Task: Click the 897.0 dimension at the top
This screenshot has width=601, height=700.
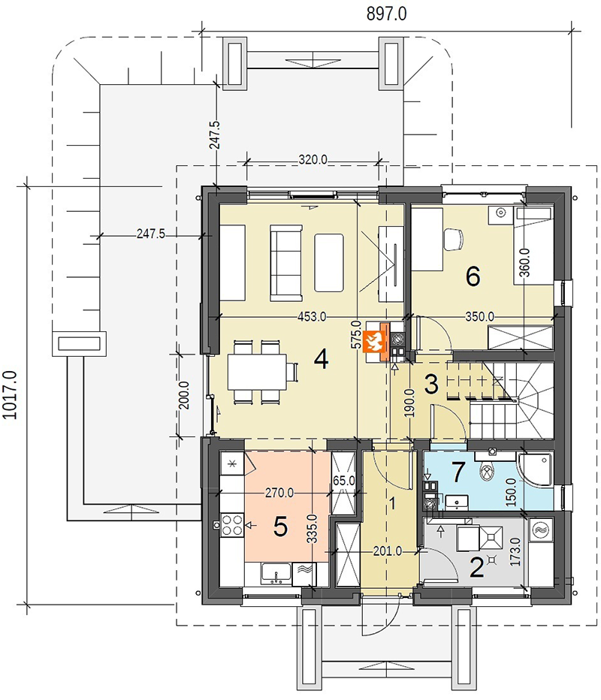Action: point(386,14)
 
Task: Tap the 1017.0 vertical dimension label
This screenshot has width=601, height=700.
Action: point(10,394)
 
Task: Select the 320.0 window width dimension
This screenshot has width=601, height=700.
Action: point(313,159)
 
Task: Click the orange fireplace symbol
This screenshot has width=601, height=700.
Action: point(373,342)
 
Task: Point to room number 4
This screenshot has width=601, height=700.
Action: point(322,358)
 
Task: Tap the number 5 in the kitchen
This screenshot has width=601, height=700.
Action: point(280,527)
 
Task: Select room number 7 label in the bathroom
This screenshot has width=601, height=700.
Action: point(458,472)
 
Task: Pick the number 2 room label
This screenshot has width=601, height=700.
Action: point(476,567)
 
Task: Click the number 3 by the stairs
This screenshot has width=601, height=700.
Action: point(431,384)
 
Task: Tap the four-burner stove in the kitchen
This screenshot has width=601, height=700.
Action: point(231,525)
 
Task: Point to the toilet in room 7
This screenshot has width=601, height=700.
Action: point(486,472)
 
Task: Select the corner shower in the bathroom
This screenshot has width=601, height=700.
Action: point(536,470)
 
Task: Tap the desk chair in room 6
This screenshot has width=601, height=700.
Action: point(454,239)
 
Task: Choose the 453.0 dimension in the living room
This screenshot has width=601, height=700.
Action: point(312,316)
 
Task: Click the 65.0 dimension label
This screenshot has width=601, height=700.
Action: point(344,481)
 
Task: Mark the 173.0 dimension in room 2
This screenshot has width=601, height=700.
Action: point(515,552)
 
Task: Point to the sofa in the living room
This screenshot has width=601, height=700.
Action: point(285,263)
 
